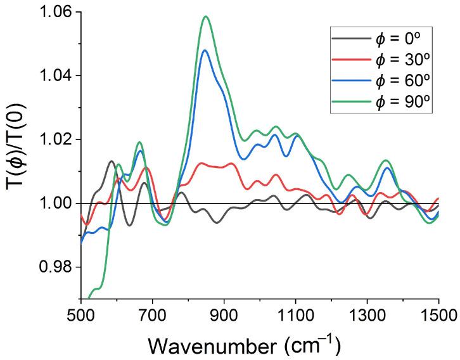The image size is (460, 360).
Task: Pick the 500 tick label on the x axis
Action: [81, 314]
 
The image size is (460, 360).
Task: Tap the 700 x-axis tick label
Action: [153, 314]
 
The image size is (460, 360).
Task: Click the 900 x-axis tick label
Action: [224, 314]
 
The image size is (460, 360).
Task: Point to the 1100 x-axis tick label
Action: [296, 314]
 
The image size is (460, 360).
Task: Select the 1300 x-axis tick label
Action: [367, 314]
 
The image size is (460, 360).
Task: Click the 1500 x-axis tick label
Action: [438, 314]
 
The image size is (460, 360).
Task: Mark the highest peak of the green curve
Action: [206, 16]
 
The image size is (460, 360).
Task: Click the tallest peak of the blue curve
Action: [205, 50]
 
